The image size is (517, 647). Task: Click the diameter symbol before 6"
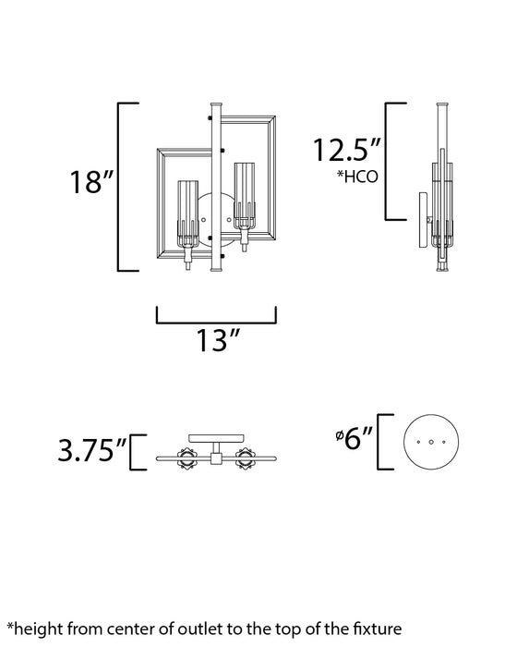tap(339, 434)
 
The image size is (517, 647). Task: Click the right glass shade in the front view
tap(246, 197)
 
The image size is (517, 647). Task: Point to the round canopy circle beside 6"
tap(431, 442)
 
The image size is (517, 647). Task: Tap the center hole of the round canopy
tap(431, 443)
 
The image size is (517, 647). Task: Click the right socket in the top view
tap(246, 457)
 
